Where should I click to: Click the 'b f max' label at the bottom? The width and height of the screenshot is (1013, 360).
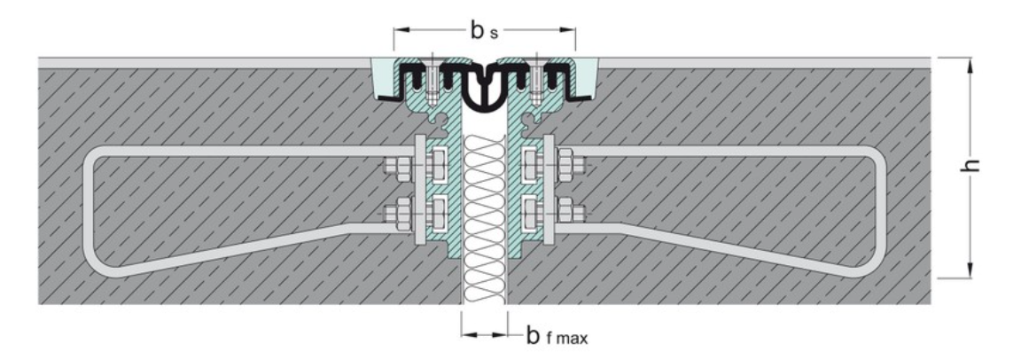click(x=557, y=336)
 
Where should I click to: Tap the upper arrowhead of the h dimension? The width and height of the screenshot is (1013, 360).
click(x=970, y=65)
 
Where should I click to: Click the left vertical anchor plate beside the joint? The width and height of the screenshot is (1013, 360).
click(x=419, y=190)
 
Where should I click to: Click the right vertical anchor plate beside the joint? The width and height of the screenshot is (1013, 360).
click(x=549, y=190)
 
